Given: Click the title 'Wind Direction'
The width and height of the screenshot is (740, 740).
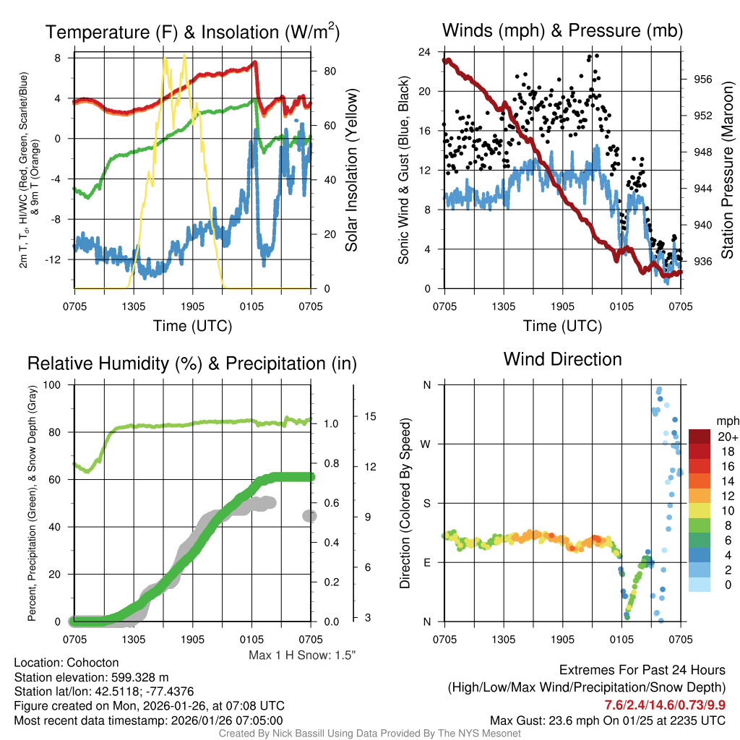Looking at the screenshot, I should coord(562,359).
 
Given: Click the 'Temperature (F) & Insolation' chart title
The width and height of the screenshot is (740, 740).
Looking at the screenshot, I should coord(192,32).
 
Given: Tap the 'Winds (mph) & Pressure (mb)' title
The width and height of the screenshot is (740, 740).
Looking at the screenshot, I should coord(562,30).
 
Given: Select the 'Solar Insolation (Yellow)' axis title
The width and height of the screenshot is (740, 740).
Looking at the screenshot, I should coord(352,171).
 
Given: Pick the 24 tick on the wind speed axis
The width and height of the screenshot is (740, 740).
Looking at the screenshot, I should coord(425,52).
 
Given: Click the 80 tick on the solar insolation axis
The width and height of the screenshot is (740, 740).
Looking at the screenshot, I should coord(330,71).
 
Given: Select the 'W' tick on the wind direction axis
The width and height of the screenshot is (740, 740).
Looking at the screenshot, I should coord(426,444).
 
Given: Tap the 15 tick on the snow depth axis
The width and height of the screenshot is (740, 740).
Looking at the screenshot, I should coord(371,416).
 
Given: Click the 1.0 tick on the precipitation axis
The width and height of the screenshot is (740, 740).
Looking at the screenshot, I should coord(330,423).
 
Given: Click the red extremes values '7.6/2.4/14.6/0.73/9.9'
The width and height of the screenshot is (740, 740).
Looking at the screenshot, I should coord(665,704).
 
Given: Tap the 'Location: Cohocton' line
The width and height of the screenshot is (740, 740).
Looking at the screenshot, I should coord(66,663).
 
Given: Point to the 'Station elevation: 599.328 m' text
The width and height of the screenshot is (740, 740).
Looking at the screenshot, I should coord(91,677).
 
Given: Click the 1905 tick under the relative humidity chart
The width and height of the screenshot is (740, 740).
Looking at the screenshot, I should coord(193,639).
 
